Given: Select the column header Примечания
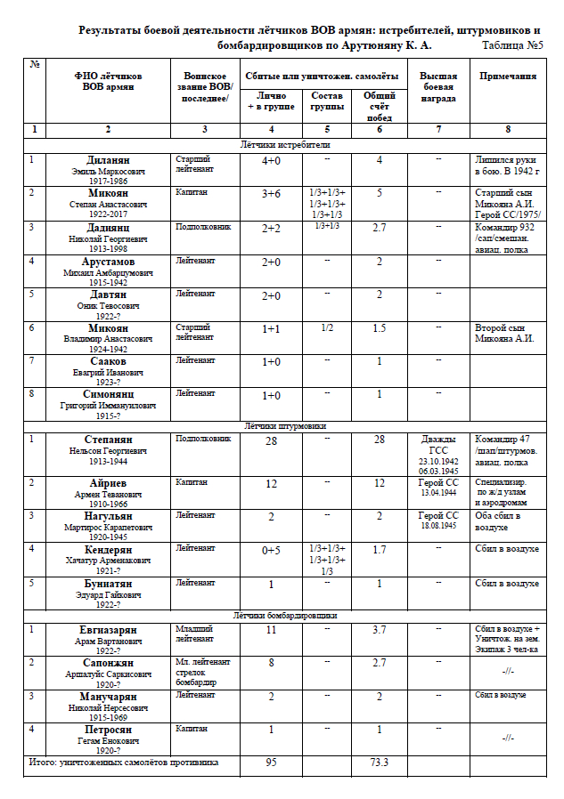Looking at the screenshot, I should click(x=507, y=77).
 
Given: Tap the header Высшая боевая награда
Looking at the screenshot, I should click(x=438, y=87).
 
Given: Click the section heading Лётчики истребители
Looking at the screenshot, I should click(x=286, y=144).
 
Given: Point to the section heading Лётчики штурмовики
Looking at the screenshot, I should click(x=286, y=426).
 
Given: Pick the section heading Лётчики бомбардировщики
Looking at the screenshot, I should click(x=286, y=615).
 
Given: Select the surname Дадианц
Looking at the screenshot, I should click(x=108, y=227).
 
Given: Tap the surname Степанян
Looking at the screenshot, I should click(x=108, y=440).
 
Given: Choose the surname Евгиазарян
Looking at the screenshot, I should click(x=108, y=628).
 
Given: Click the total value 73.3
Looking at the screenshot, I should click(x=380, y=763).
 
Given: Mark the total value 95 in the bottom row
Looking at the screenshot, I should click(x=271, y=763).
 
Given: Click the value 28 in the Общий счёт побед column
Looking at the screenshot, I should click(x=380, y=440).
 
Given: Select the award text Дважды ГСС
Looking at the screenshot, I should click(x=438, y=445).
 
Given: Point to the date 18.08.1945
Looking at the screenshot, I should click(x=438, y=526).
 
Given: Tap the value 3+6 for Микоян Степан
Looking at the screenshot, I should click(x=271, y=193).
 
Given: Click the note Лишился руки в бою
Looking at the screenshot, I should click(x=507, y=165).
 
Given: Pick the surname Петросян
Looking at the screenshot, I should click(x=108, y=729).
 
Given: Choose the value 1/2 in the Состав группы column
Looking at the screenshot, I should click(x=327, y=327).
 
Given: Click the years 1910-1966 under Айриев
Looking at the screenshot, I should click(x=108, y=503).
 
